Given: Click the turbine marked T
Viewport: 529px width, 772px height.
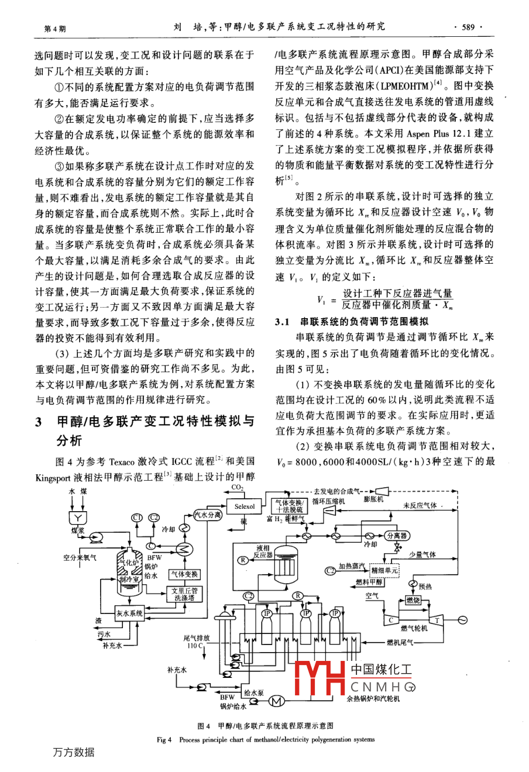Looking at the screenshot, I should (x=436, y=619).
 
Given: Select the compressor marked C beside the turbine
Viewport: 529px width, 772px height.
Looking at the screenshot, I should (x=390, y=619).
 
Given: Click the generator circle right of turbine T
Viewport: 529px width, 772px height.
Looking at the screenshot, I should (x=462, y=619).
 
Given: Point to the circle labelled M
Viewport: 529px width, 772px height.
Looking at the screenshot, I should (x=276, y=701).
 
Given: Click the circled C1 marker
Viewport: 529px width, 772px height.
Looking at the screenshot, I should (x=137, y=517).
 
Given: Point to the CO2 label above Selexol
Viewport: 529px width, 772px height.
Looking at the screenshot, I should (x=238, y=487).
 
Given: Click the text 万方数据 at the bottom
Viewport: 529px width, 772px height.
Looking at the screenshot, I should (x=73, y=752).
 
